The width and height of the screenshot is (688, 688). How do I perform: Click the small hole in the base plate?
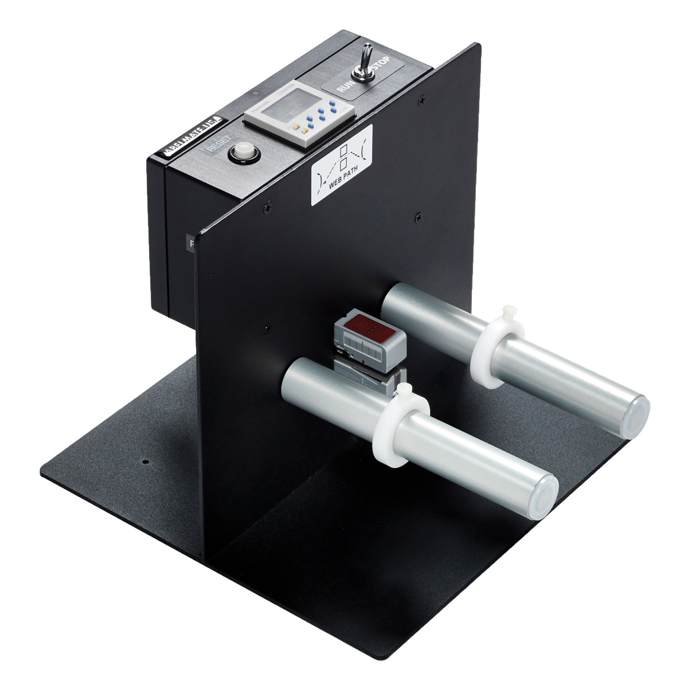click(146, 461)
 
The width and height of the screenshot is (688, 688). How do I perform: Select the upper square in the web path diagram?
click(344, 151)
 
